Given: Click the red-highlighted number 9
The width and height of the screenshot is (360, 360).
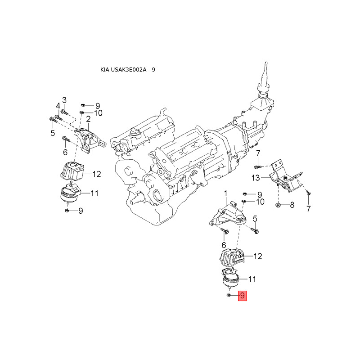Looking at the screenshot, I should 242,296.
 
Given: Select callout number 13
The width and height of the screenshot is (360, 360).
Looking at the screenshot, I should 256,178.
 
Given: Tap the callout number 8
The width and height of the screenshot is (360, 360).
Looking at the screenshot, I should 292,205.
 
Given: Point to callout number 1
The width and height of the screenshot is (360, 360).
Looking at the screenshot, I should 226,193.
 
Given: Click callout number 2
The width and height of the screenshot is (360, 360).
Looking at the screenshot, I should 89,119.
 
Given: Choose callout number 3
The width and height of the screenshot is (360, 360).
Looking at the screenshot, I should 64,99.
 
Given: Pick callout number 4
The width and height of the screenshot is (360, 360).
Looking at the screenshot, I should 58,106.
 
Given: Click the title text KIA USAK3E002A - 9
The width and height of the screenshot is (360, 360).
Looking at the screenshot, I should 128,70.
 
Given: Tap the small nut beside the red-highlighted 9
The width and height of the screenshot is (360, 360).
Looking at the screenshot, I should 229,295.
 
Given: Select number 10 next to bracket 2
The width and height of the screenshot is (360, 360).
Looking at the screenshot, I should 98,112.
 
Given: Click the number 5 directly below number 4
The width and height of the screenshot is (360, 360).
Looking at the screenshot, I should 52,133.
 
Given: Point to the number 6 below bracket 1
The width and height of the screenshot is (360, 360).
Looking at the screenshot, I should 223,245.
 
